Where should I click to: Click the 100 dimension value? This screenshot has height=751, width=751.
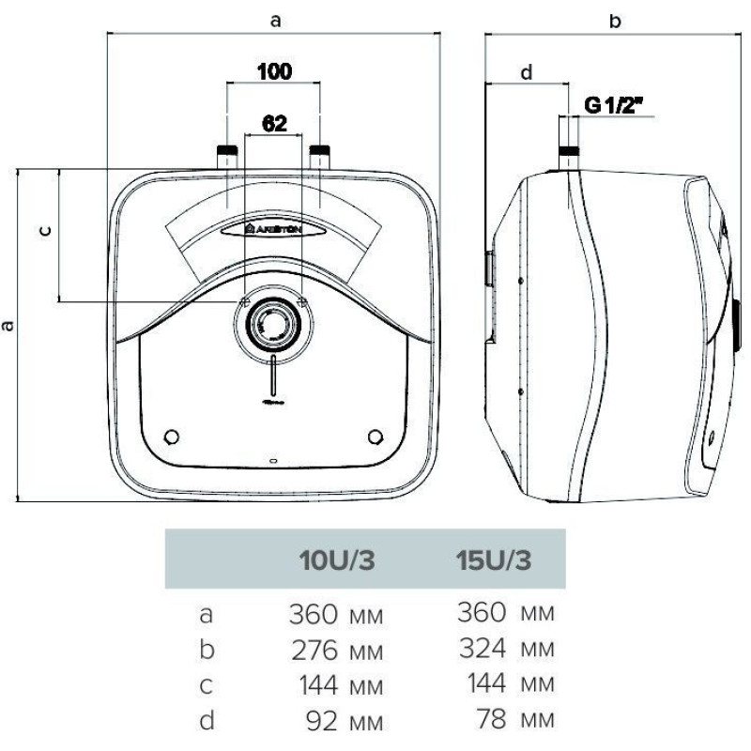click(273, 71)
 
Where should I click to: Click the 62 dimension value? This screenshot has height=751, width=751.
click(273, 123)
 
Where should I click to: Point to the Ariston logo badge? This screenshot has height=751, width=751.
click(273, 228)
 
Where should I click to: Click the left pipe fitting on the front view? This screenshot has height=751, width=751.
click(226, 156)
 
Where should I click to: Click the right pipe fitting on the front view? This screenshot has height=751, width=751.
click(320, 156)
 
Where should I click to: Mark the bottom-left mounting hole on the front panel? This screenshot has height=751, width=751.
click(172, 437)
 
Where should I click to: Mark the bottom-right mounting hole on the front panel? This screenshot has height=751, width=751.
click(376, 437)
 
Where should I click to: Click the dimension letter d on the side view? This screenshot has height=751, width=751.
click(526, 72)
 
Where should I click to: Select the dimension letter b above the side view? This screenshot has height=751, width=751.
click(615, 21)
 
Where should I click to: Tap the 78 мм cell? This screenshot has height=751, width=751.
click(513, 721)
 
